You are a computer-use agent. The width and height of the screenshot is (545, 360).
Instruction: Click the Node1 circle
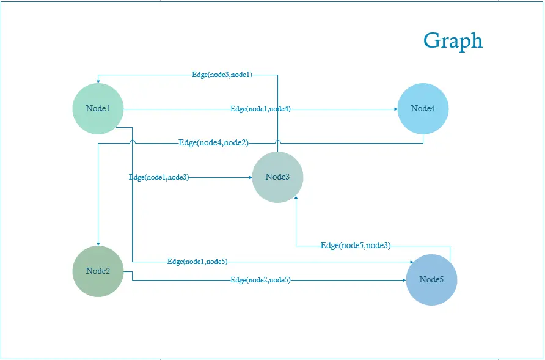[x=98, y=109]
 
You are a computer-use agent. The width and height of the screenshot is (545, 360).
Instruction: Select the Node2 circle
[x=98, y=271]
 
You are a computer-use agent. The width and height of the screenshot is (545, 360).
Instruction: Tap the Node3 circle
[x=278, y=177]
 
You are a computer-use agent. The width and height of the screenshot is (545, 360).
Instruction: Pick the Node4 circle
[x=423, y=109]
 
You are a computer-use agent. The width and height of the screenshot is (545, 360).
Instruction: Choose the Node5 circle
[x=431, y=280]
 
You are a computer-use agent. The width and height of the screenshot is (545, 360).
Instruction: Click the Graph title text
[x=453, y=41]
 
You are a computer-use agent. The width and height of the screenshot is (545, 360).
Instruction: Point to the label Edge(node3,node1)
[x=222, y=75]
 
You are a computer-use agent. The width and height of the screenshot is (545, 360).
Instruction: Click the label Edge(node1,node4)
[x=260, y=109]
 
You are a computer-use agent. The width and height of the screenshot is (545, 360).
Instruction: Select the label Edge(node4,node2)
[x=213, y=142]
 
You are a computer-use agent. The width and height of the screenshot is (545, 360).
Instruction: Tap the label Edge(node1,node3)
[x=159, y=177]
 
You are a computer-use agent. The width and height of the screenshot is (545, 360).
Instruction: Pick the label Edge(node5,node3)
[x=356, y=246]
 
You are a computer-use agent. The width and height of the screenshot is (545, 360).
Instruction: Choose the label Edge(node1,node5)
[x=197, y=262]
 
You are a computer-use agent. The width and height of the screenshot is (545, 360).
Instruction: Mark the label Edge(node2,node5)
[x=260, y=280]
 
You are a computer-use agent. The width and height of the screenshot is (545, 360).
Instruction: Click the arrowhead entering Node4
[x=396, y=109]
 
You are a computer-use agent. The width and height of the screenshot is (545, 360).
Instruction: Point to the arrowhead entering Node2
[x=98, y=244]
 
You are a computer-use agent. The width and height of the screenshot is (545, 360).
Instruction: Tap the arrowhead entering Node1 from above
[x=98, y=81]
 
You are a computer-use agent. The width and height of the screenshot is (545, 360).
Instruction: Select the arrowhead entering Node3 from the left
[x=251, y=177]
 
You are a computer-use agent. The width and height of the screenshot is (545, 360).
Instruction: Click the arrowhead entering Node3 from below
[x=296, y=197]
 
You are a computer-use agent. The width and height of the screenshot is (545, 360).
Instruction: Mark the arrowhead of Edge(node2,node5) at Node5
[x=404, y=280]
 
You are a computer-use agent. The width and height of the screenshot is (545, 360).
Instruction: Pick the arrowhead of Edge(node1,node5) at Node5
[x=412, y=262]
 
